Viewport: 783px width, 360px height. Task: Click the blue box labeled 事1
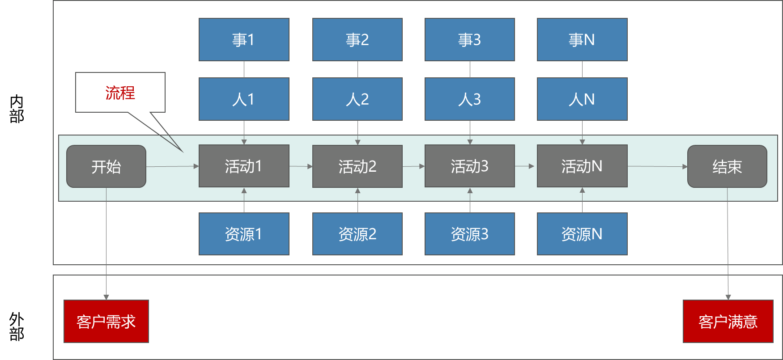tap(244, 40)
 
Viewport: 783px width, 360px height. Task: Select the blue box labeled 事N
tap(582, 40)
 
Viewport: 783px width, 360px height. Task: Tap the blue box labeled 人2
tap(357, 99)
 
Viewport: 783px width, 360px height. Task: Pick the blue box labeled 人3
tap(470, 99)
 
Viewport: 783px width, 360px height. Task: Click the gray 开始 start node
tap(106, 166)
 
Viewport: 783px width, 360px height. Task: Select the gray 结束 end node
tap(727, 166)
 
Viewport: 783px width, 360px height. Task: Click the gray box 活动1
tap(244, 166)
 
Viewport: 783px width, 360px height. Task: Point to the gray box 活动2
tap(357, 166)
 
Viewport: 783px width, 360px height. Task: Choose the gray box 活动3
tap(470, 166)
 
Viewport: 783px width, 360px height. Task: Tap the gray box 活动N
tap(582, 166)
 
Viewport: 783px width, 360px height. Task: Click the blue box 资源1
tap(244, 234)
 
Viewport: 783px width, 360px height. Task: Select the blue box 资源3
tap(470, 234)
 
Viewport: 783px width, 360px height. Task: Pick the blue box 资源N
tap(582, 234)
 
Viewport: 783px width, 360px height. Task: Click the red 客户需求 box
tap(106, 322)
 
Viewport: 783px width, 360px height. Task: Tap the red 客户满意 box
tap(728, 322)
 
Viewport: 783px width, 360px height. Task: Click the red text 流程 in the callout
tap(120, 93)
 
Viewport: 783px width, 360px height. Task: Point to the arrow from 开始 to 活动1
tap(172, 166)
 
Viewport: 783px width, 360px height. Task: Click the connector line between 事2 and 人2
tap(357, 69)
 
